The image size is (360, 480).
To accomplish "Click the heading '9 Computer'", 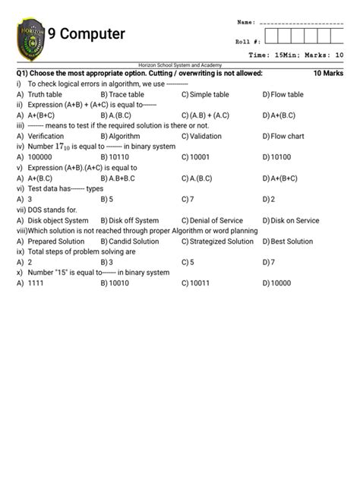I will click(87, 35).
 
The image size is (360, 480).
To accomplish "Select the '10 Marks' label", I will click(328, 74).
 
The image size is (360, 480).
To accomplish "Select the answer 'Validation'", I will click(206, 137).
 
